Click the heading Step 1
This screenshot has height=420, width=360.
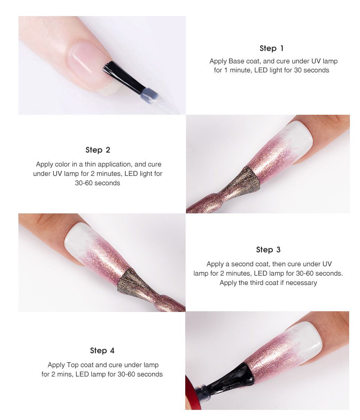[271, 48]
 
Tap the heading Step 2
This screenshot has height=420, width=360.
[98, 150]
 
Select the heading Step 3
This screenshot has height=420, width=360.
[268, 250]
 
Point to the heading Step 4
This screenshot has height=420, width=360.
[102, 350]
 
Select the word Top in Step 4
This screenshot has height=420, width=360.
[72, 365]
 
